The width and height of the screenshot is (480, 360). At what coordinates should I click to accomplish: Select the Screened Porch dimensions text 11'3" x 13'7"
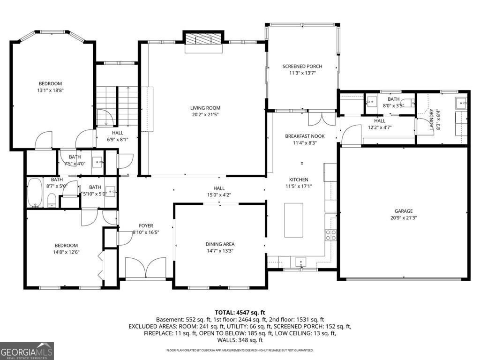302,73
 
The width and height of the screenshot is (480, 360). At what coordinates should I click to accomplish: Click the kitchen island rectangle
293,220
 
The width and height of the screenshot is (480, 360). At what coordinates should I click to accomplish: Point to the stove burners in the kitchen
331,235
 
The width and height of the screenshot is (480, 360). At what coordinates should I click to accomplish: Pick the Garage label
403,211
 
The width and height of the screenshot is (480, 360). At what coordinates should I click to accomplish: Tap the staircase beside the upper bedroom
117,105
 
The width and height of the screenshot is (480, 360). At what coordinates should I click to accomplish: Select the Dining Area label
220,244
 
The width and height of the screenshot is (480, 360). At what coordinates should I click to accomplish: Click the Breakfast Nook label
305,136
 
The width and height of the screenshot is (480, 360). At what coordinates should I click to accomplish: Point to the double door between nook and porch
322,118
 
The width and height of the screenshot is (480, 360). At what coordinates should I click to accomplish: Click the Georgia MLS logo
27,351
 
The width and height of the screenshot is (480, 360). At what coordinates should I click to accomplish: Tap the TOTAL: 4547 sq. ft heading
240,312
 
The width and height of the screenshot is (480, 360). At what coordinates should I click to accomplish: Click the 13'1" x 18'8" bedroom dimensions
50,90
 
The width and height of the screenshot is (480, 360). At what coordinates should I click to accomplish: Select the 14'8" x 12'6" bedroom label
66,245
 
